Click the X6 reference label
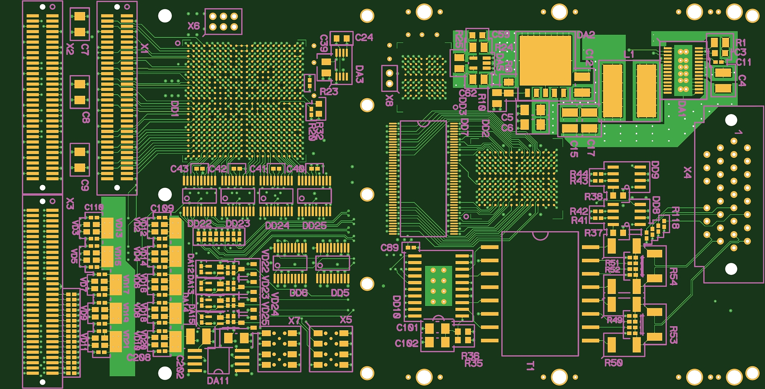coord(193,26)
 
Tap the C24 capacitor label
coord(364,37)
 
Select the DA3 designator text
coord(359,74)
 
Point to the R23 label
coord(329,92)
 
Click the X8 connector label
coord(389,100)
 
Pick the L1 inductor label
coord(629,54)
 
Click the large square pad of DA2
coord(545,60)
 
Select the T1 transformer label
coord(530,365)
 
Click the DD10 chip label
coord(397,307)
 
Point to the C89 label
coord(390,248)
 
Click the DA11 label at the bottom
coord(218,381)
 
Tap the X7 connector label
coord(294,321)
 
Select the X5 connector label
coord(346,320)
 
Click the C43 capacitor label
coord(179,169)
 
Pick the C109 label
coord(162,208)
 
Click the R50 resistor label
coord(613,363)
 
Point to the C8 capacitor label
coord(86,117)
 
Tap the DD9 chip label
coord(655,170)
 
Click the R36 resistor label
coord(470,355)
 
